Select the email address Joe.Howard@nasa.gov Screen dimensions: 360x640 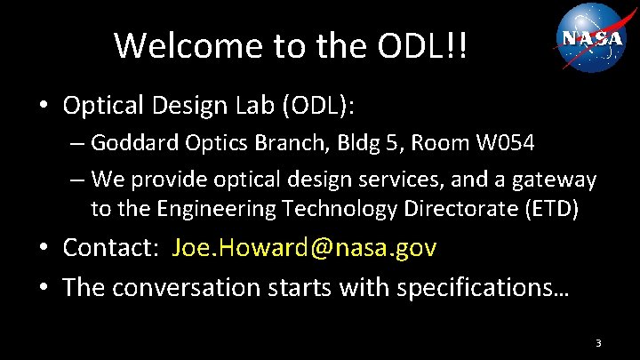[305, 247]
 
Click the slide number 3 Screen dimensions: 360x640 [598, 343]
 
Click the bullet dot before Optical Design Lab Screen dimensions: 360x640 [43, 106]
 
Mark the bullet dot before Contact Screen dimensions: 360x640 [43, 247]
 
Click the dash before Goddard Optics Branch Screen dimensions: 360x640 [76, 144]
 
